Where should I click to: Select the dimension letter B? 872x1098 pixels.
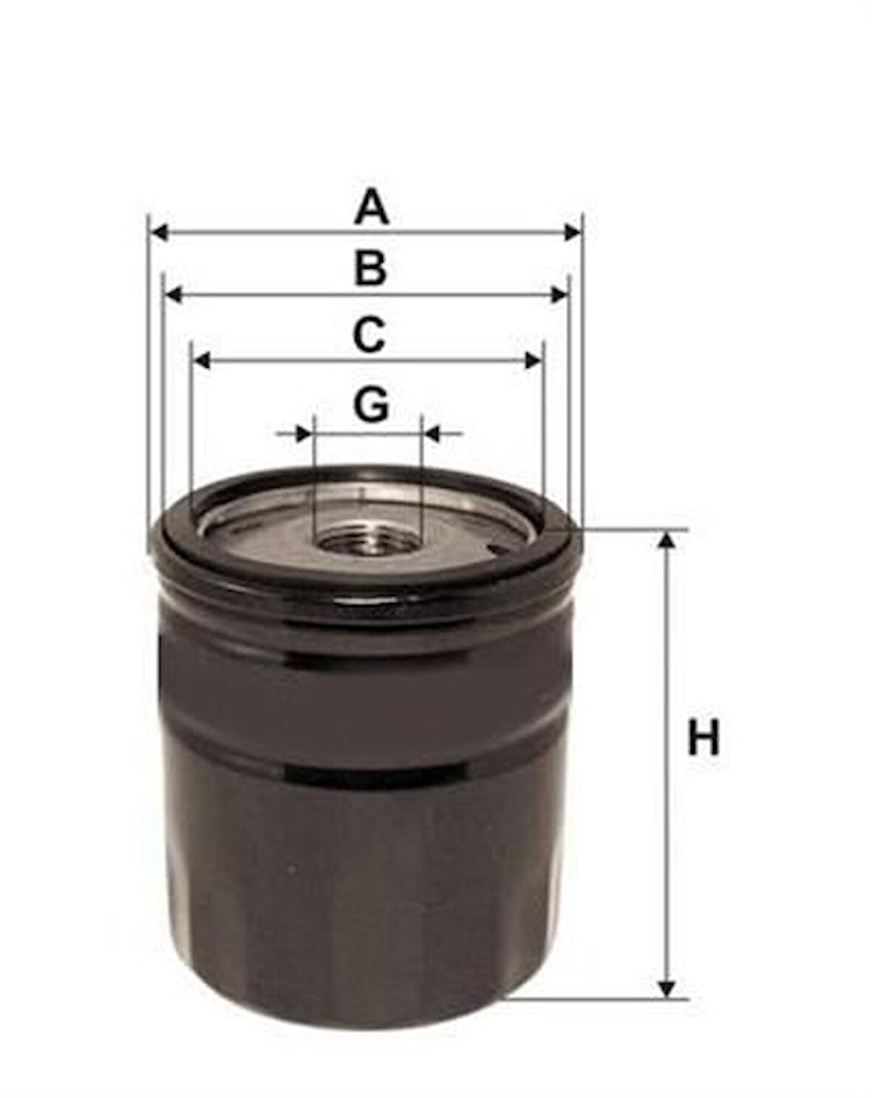click(370, 268)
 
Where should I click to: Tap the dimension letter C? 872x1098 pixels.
click(368, 335)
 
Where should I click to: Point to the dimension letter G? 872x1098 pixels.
click(371, 405)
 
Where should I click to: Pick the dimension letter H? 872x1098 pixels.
click(704, 737)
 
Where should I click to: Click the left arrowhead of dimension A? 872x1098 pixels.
click(160, 233)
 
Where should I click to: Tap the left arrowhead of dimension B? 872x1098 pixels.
click(174, 295)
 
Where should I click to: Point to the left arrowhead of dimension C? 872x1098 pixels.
click(202, 361)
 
